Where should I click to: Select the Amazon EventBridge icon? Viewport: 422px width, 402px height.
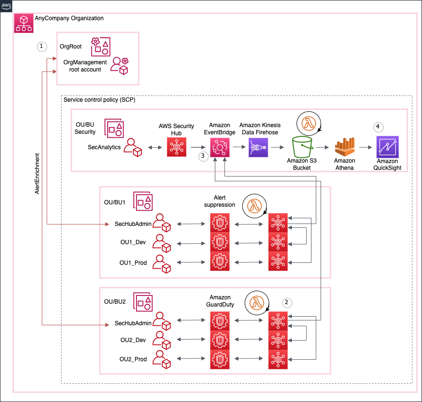click(x=219, y=146)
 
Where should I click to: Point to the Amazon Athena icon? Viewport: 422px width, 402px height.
click(x=345, y=146)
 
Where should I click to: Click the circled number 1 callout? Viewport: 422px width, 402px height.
click(x=42, y=47)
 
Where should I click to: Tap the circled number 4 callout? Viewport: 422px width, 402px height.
click(x=379, y=127)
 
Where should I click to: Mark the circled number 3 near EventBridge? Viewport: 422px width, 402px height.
click(x=203, y=156)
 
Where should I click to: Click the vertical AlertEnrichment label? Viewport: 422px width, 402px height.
click(x=37, y=174)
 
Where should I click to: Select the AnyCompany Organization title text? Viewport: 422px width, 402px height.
click(x=69, y=18)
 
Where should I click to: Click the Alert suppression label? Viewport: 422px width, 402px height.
click(x=220, y=201)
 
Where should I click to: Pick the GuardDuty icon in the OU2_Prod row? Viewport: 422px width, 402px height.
click(x=220, y=359)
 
